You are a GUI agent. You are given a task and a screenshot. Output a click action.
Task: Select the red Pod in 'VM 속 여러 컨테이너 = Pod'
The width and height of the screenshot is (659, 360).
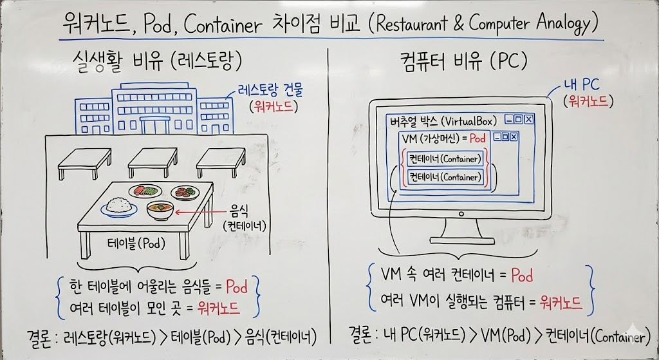(x=521, y=276)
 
